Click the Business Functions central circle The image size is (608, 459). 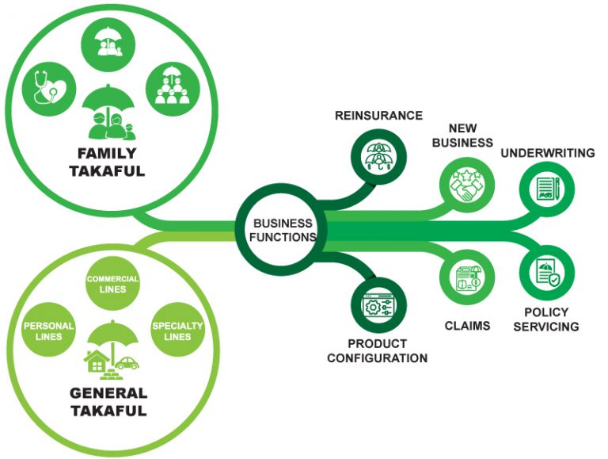point(283,230)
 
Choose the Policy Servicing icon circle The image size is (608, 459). point(546,272)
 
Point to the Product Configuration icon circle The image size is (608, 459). point(377,304)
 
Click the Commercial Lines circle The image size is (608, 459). point(112,284)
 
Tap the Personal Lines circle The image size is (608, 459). point(49,331)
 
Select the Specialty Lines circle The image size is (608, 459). point(177,331)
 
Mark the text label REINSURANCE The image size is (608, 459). point(378,116)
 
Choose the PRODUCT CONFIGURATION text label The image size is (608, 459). point(377,350)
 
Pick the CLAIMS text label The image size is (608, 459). point(466,325)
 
